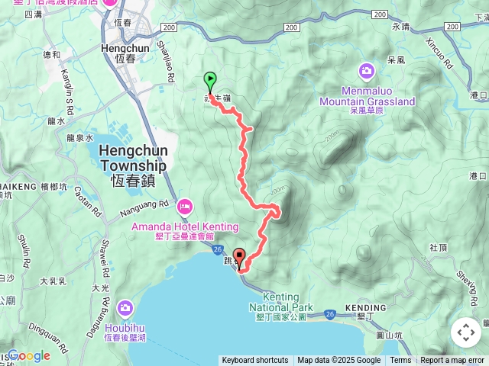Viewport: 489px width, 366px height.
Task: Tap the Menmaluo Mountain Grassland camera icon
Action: [x=367, y=71]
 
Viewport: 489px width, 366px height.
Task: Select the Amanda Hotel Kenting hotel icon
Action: [x=184, y=207]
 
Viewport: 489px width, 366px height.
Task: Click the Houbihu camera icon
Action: [x=125, y=307]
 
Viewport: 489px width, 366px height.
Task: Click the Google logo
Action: [x=29, y=355]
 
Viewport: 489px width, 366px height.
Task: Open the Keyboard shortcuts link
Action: [x=255, y=361]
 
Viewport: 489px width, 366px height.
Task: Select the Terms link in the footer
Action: [x=400, y=361]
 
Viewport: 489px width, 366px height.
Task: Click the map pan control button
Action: [x=466, y=332]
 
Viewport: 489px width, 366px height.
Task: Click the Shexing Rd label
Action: [x=467, y=283]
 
